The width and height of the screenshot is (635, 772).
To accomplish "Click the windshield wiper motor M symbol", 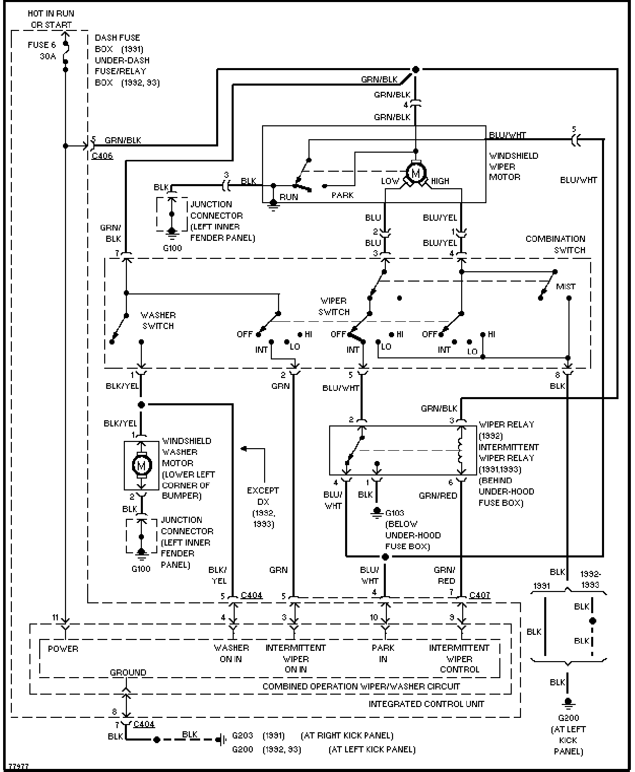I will point(415,172).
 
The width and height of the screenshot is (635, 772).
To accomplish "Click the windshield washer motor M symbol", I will point(141,466).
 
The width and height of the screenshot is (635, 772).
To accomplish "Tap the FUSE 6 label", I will point(42,45).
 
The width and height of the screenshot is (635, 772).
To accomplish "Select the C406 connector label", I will point(102,156).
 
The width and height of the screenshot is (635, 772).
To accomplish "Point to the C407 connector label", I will point(480,595).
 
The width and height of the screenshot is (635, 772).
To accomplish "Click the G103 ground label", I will point(395,513).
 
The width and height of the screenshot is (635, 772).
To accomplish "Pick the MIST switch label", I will point(565,286).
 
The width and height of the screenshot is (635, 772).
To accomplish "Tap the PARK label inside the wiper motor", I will point(343,195).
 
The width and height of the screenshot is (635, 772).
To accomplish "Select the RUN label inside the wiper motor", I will point(289,197).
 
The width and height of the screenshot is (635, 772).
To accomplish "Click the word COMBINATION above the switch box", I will point(555,239).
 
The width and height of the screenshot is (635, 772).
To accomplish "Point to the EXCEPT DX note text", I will point(263,496).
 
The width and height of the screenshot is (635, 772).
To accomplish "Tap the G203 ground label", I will point(242,735).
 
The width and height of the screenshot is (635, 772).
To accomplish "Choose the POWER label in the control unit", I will point(63,648).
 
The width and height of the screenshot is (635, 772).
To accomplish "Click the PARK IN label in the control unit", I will point(383,653).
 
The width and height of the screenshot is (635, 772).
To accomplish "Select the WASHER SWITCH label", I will point(158,320).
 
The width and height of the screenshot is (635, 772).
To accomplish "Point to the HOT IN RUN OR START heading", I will point(51,19).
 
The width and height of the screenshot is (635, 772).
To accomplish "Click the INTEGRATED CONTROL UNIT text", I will point(426,704).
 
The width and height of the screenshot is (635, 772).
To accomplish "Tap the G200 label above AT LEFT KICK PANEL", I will point(568,718).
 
